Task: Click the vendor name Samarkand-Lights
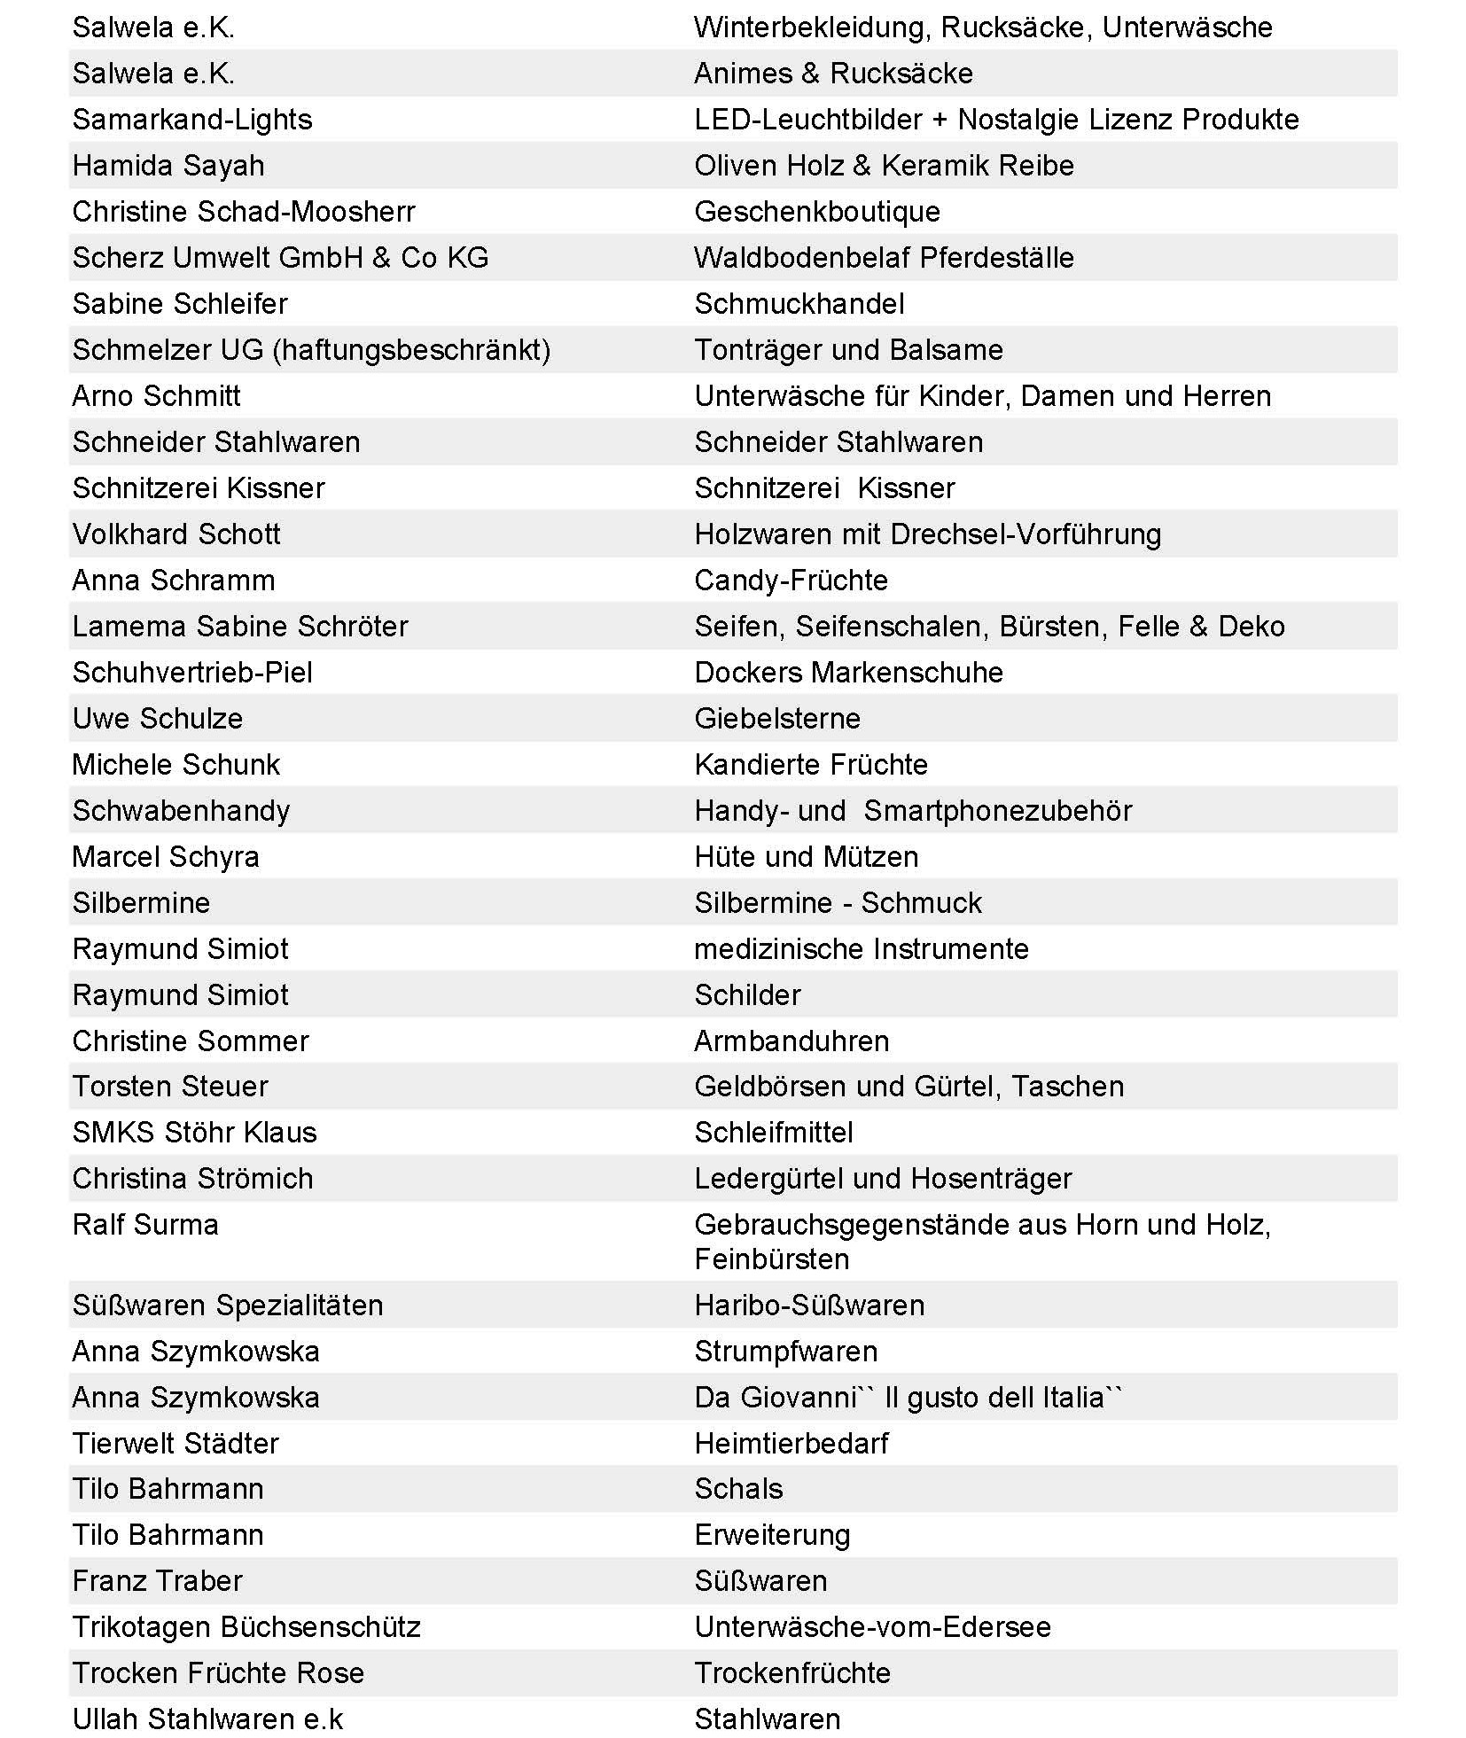[192, 120]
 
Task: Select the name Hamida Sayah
[168, 166]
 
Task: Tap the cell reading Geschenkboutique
[816, 212]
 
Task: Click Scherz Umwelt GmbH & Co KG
[280, 258]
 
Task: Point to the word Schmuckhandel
[799, 304]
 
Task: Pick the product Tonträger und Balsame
[848, 350]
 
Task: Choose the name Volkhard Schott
[176, 534]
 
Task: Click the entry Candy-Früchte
[791, 581]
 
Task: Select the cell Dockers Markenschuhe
[848, 673]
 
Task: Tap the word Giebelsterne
[776, 719]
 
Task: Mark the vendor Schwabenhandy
[181, 811]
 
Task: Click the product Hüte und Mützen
[806, 857]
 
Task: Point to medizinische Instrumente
[861, 949]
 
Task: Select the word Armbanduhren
[791, 1041]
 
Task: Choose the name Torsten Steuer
[170, 1087]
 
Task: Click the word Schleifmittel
[773, 1133]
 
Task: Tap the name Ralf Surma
[145, 1225]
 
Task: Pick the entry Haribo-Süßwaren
[809, 1305]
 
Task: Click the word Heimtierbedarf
[791, 1444]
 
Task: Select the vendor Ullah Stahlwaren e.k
[207, 1719]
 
